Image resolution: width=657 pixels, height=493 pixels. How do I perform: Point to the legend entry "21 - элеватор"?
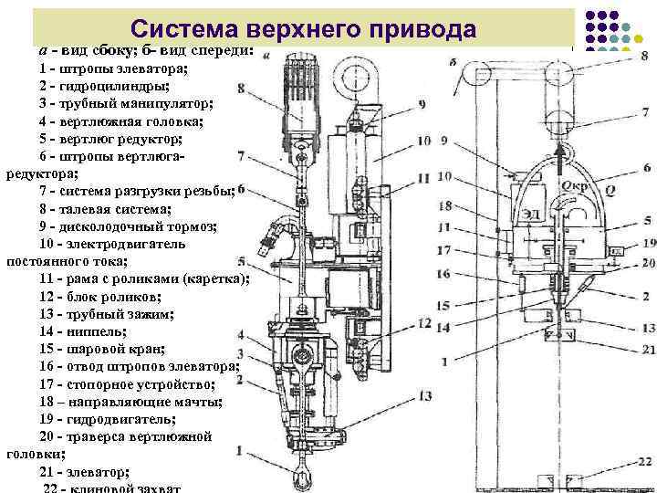pyautogui.click(x=84, y=472)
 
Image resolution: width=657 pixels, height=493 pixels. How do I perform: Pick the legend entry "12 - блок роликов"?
pyautogui.click(x=99, y=297)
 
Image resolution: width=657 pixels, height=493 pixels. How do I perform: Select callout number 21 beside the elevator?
pyautogui.click(x=647, y=350)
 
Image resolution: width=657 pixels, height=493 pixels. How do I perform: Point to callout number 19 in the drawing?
pyautogui.click(x=648, y=243)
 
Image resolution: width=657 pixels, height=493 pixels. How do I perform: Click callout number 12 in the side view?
pyautogui.click(x=425, y=323)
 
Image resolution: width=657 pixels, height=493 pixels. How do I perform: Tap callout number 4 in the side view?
pyautogui.click(x=240, y=335)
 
